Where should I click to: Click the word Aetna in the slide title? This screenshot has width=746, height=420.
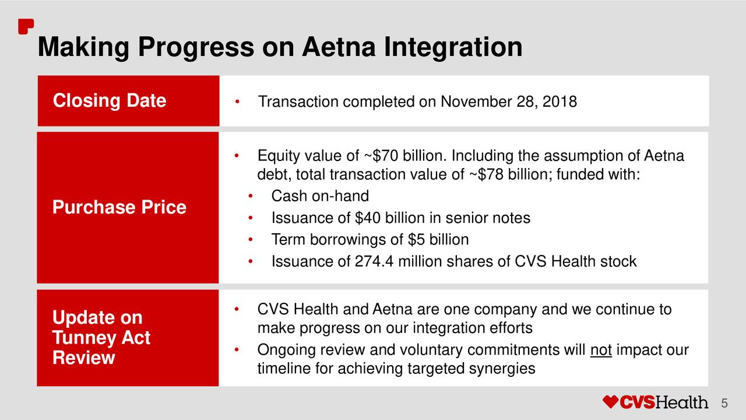coord(339,47)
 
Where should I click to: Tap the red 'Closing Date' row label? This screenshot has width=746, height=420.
coord(110,100)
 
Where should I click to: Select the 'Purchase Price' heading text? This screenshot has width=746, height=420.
coord(119,207)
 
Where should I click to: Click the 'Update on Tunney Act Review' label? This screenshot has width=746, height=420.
coord(101,337)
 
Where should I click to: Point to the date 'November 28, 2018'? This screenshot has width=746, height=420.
coord(509,101)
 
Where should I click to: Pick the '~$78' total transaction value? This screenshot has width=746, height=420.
coord(485,174)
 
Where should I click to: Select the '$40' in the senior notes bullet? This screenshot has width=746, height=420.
coord(367,218)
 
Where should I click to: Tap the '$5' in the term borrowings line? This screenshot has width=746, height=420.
coord(416,240)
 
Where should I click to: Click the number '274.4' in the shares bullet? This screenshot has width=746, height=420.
coord(374,261)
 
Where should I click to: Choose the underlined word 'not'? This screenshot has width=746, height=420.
coord(601,351)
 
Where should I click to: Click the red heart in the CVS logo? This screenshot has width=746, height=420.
coord(610,402)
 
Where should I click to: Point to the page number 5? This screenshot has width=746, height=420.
coord(724,403)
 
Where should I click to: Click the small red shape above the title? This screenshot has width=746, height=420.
coord(26,26)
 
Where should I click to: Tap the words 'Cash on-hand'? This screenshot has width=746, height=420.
coord(320,196)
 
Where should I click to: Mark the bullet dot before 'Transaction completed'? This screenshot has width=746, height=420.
coord(237,101)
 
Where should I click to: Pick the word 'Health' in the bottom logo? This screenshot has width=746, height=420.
coord(682,402)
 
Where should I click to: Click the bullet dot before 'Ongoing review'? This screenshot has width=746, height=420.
coord(237,350)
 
